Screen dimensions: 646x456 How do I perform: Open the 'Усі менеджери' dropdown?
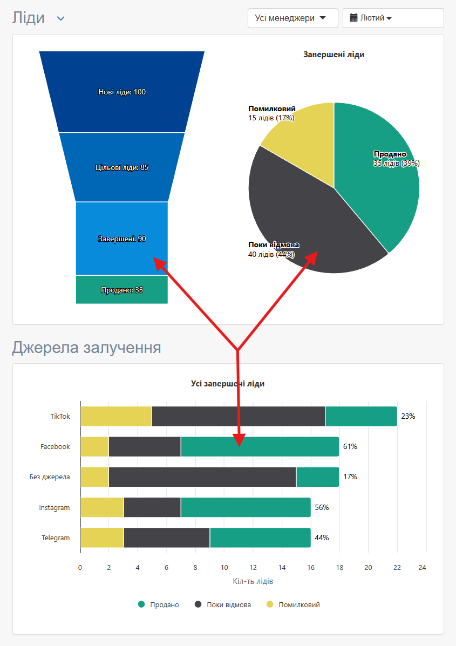[x=292, y=18]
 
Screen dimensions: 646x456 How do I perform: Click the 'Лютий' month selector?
[x=393, y=18]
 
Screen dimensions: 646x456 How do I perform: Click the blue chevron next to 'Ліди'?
[x=61, y=19]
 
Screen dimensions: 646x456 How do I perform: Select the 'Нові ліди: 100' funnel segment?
[x=122, y=92]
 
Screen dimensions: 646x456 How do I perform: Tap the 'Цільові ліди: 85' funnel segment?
[x=122, y=167]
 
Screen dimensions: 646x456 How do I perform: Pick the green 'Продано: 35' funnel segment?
[x=122, y=290]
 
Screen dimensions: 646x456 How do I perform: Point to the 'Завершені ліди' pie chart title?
[x=334, y=55]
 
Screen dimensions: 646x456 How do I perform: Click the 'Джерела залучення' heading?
[x=86, y=347]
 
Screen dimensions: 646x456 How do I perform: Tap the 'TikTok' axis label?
[x=60, y=417]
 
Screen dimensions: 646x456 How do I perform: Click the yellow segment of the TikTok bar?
[x=116, y=417]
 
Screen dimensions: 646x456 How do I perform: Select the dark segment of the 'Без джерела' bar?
[x=202, y=477]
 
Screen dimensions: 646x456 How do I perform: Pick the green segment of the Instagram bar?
[x=246, y=507]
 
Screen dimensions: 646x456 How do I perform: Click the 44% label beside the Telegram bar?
[x=322, y=538]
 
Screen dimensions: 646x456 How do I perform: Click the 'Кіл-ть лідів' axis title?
[x=253, y=581]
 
